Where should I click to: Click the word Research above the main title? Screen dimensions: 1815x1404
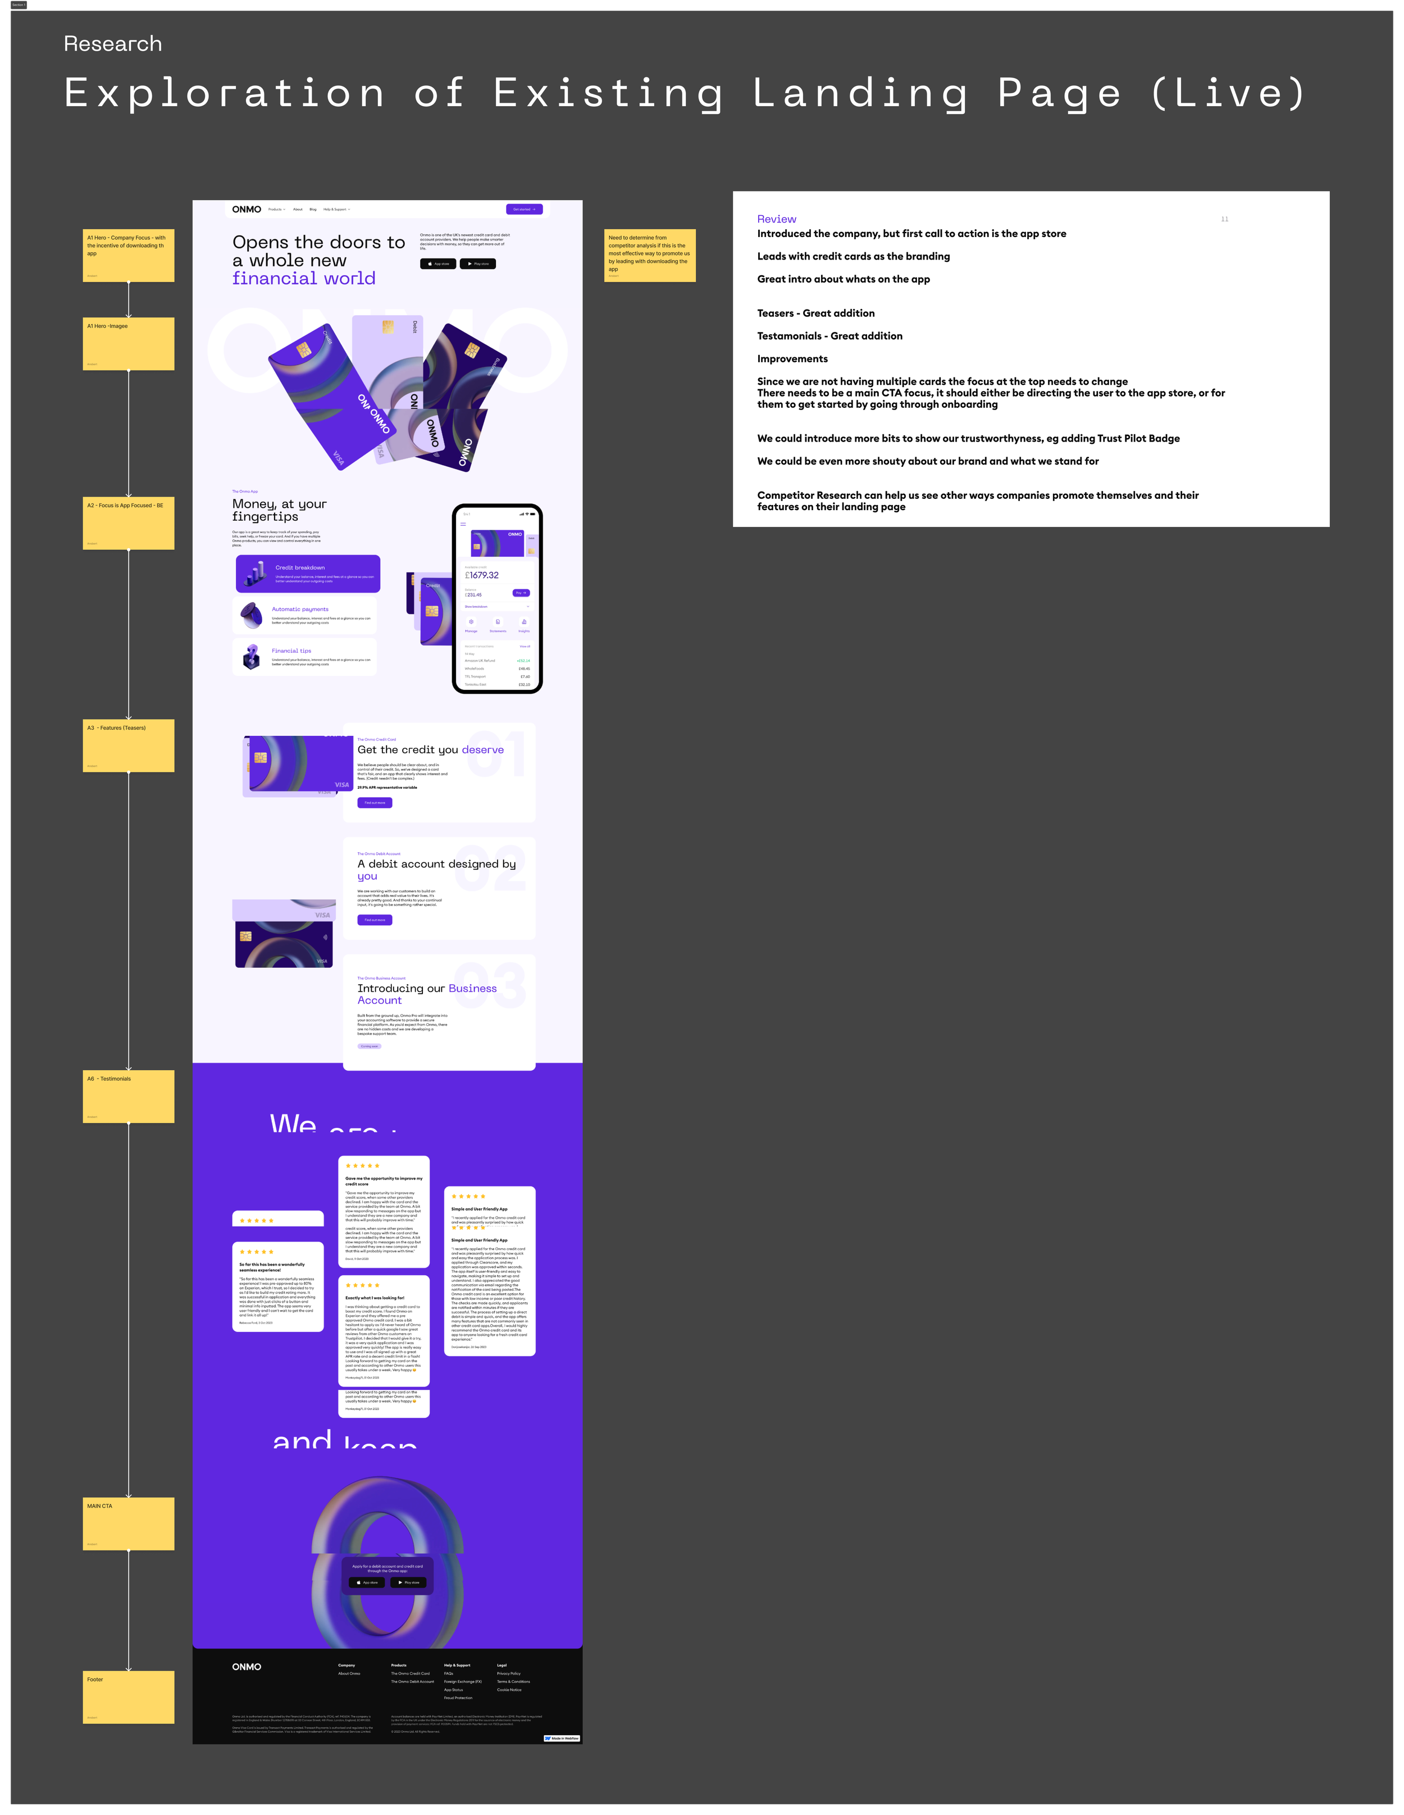(113, 44)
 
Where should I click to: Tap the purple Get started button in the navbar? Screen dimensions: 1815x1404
(523, 210)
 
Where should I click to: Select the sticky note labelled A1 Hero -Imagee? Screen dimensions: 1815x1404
(129, 343)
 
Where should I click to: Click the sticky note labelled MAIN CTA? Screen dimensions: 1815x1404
(129, 1523)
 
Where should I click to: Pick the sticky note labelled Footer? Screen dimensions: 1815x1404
(129, 1697)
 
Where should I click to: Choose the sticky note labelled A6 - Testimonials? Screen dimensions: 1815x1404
(129, 1096)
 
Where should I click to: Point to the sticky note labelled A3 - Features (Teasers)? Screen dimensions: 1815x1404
(129, 745)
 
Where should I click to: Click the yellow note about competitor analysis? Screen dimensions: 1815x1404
(650, 255)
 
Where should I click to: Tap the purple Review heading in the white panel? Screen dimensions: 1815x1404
(776, 220)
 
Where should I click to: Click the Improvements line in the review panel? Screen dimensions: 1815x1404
(792, 359)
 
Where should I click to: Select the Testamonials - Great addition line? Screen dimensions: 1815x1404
(829, 336)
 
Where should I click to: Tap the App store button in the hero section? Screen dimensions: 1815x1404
(438, 263)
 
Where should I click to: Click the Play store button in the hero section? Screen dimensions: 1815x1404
(478, 263)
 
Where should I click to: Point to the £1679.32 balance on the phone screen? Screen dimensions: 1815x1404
(482, 575)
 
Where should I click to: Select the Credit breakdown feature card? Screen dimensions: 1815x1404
(307, 574)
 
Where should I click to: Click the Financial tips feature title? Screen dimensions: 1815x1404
(291, 651)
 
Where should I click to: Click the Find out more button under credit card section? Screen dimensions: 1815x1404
(375, 803)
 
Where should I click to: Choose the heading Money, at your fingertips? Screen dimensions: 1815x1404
(279, 510)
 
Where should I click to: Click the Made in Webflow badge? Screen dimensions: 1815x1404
(562, 1737)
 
